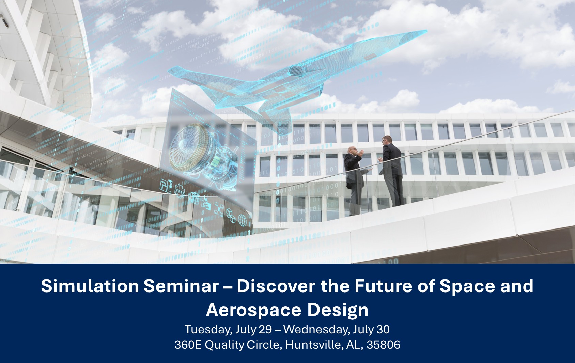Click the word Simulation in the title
click(90, 286)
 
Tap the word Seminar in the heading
click(181, 286)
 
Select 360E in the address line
click(188, 345)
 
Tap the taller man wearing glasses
click(392, 170)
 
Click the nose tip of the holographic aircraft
click(424, 31)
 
